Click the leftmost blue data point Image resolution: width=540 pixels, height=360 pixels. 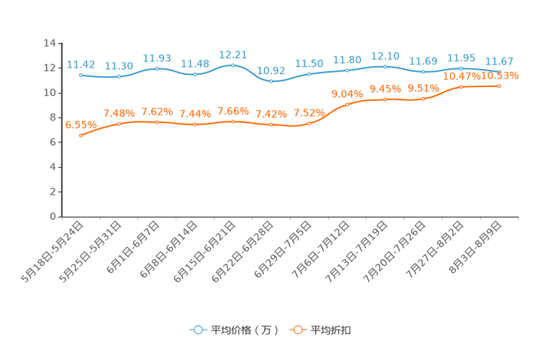pos(81,75)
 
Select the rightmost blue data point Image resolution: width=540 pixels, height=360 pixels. pos(500,71)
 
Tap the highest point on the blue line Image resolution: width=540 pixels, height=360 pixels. pos(233,65)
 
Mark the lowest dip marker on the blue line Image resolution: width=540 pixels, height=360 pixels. pos(271,81)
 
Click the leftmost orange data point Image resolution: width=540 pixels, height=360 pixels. pos(81,136)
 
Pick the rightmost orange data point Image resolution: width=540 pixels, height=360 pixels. pos(500,86)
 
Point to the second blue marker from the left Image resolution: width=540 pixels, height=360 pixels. pos(119,76)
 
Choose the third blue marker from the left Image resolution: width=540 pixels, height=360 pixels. pos(157,68)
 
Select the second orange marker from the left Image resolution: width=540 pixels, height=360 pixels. pos(119,124)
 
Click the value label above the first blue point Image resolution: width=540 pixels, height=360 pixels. pos(81,64)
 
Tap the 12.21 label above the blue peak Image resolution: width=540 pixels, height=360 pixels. pos(233,54)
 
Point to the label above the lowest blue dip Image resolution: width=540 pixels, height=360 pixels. pos(271,70)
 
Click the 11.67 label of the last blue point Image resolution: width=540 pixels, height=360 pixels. pos(499,60)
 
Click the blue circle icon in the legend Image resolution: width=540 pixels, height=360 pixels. pos(198,330)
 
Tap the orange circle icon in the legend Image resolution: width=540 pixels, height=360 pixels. pos(298,330)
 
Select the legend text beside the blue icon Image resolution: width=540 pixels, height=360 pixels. pos(244,330)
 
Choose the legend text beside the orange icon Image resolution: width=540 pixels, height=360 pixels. pos(332,330)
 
